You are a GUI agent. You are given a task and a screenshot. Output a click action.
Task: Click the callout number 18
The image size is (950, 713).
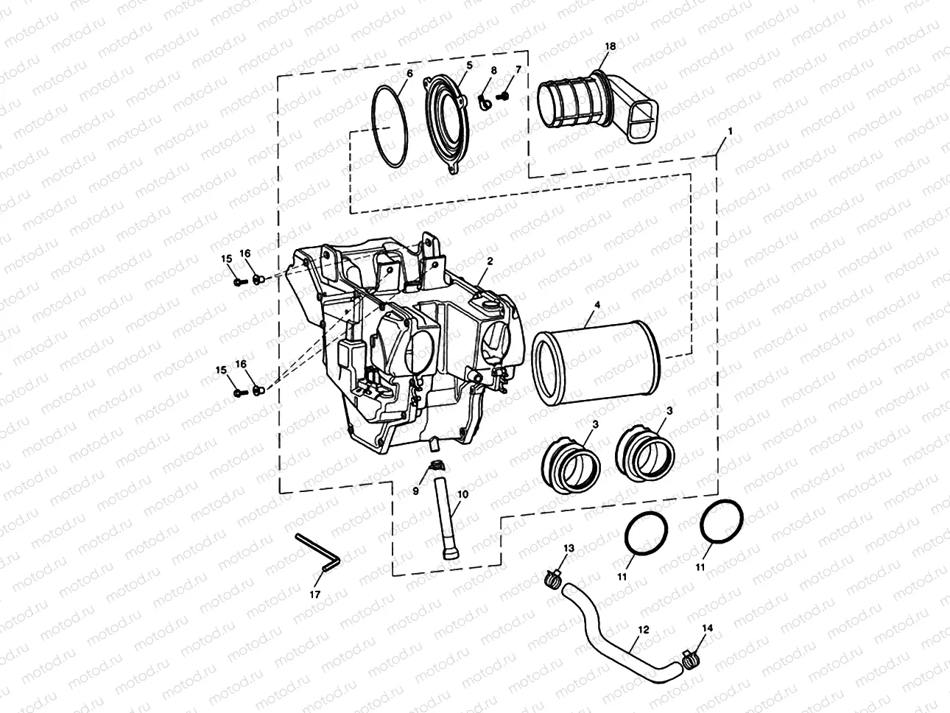pos(610,46)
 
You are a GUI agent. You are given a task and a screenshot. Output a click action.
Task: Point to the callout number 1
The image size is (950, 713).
pos(729,130)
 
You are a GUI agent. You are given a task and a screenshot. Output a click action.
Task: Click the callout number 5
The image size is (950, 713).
pos(469,66)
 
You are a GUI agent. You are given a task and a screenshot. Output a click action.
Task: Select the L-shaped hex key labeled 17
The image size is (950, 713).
pos(317,552)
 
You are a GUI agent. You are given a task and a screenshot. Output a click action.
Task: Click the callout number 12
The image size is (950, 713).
pos(643,630)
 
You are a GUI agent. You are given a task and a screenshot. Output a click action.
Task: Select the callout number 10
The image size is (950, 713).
pos(462,494)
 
